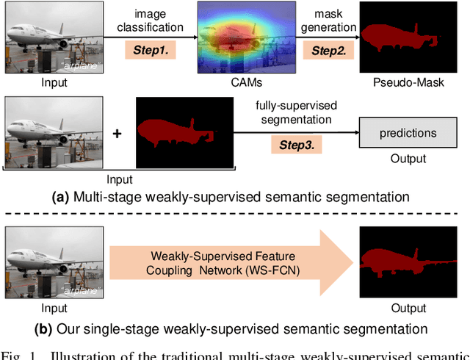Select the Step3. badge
(296, 145)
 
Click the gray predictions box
(408, 133)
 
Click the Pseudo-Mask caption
(408, 83)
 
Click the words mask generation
(328, 21)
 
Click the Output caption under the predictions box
(408, 159)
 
